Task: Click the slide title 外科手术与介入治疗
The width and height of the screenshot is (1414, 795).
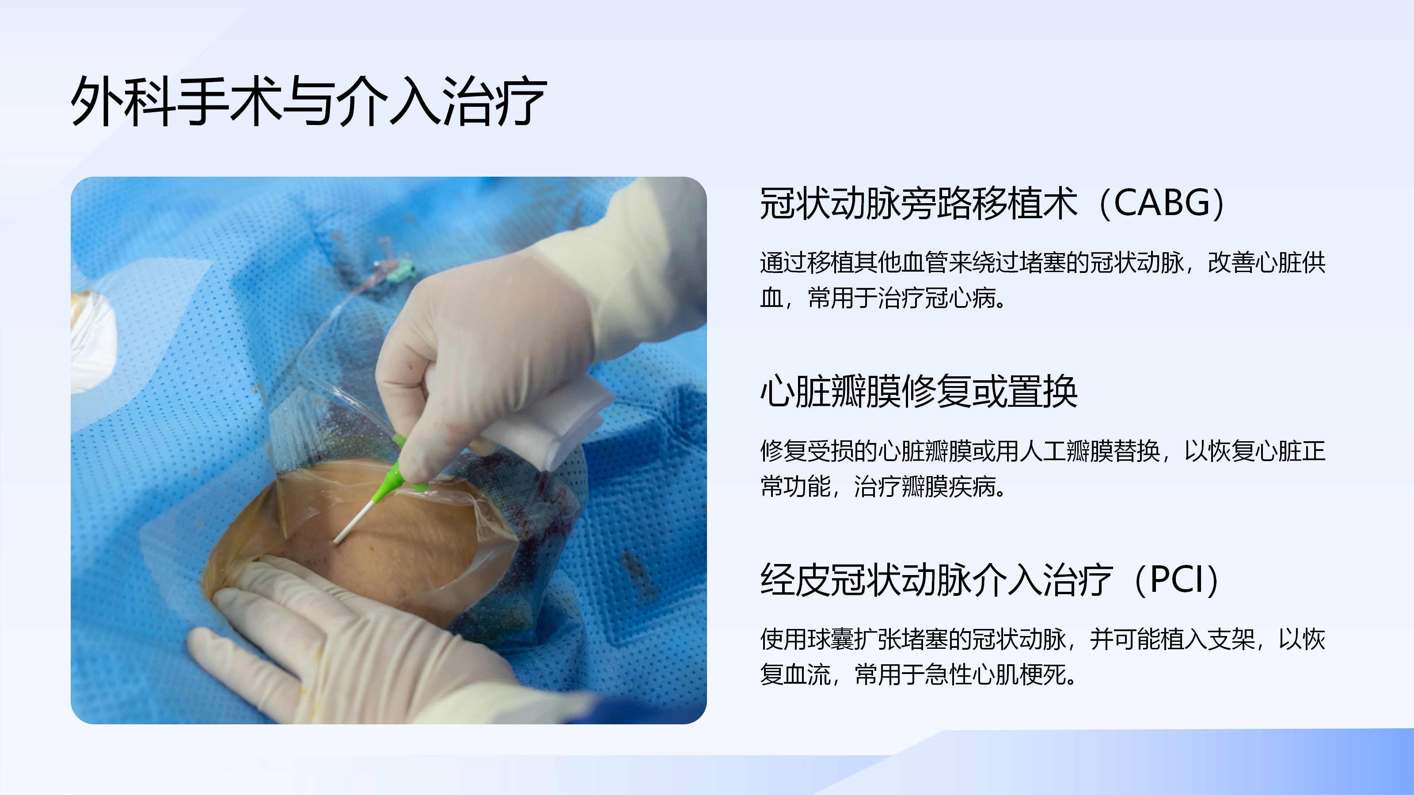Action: coord(309,101)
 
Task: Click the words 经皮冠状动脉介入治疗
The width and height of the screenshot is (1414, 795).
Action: coord(936,580)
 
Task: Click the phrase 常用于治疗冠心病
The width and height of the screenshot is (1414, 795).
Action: coord(901,299)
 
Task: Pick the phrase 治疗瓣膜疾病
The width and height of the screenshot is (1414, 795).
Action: coord(925,487)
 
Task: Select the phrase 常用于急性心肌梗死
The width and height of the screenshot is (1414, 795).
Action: coord(960,675)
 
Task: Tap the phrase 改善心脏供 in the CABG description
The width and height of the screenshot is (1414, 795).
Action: coord(1266,263)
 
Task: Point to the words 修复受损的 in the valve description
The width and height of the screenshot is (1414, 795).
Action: coord(818,451)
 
